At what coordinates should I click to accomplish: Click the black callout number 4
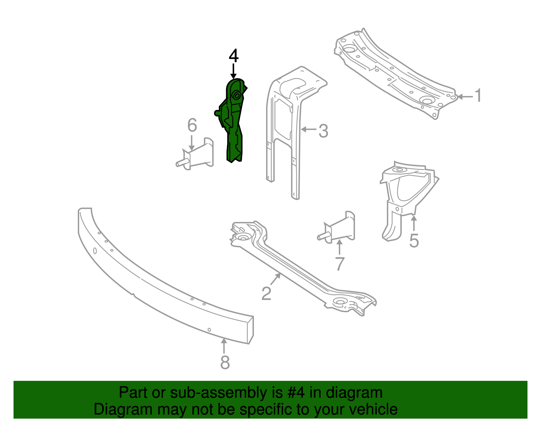point(234,56)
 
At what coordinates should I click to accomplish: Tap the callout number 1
point(478,96)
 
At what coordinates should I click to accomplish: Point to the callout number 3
point(323,131)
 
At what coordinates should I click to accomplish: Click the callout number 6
point(192,125)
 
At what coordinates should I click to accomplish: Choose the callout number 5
point(414,241)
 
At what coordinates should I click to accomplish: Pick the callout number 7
point(339,264)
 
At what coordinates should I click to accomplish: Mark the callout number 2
point(266,293)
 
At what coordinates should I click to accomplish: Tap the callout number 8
point(225,363)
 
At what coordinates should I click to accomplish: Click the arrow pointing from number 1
point(465,97)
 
